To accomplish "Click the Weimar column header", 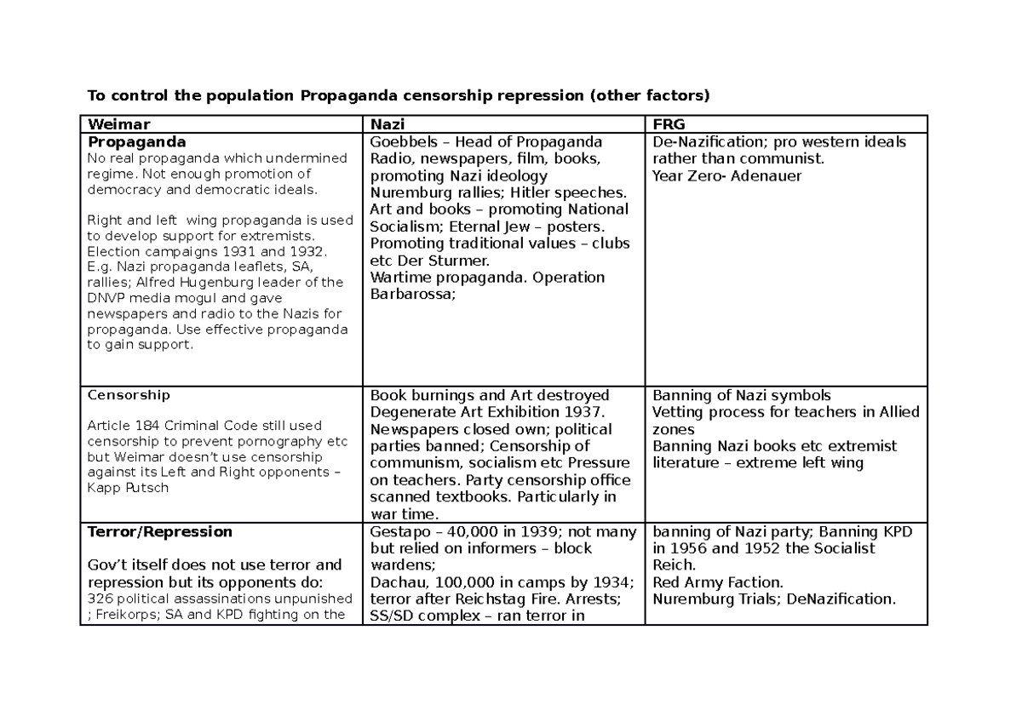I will click(x=118, y=124).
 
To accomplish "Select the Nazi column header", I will click(x=387, y=124).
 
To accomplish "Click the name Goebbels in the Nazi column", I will click(x=405, y=141).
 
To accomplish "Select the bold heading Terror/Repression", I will click(x=160, y=532).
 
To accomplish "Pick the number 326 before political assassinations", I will click(x=99, y=598).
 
